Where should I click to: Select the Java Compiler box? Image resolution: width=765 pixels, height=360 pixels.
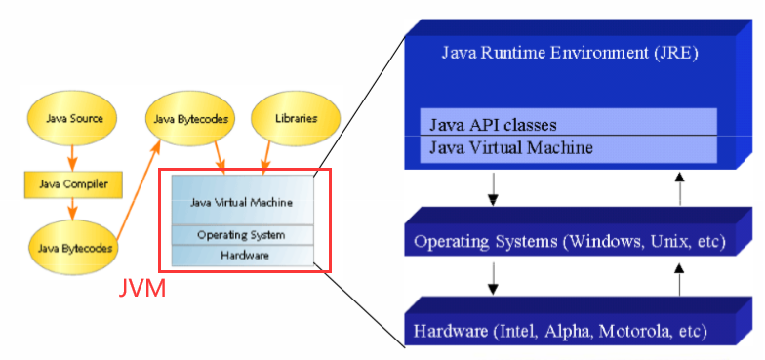[67, 182]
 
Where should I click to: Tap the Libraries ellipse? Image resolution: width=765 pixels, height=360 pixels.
[297, 119]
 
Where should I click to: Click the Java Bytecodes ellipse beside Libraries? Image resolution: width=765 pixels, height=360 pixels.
[191, 119]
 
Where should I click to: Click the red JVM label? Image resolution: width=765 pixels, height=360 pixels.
[141, 289]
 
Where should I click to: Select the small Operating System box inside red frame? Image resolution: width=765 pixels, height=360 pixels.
[241, 235]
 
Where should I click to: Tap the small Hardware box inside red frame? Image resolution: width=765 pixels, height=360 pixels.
[241, 256]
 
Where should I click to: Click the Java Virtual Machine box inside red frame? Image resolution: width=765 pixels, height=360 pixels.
[241, 201]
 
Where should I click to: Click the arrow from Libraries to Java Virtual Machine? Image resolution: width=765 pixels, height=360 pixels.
[270, 156]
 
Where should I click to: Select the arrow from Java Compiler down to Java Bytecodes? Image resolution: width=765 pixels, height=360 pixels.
[70, 208]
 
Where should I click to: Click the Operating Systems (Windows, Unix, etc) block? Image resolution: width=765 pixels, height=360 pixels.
[569, 240]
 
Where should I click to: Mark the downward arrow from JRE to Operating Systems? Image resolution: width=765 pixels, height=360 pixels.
[493, 187]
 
